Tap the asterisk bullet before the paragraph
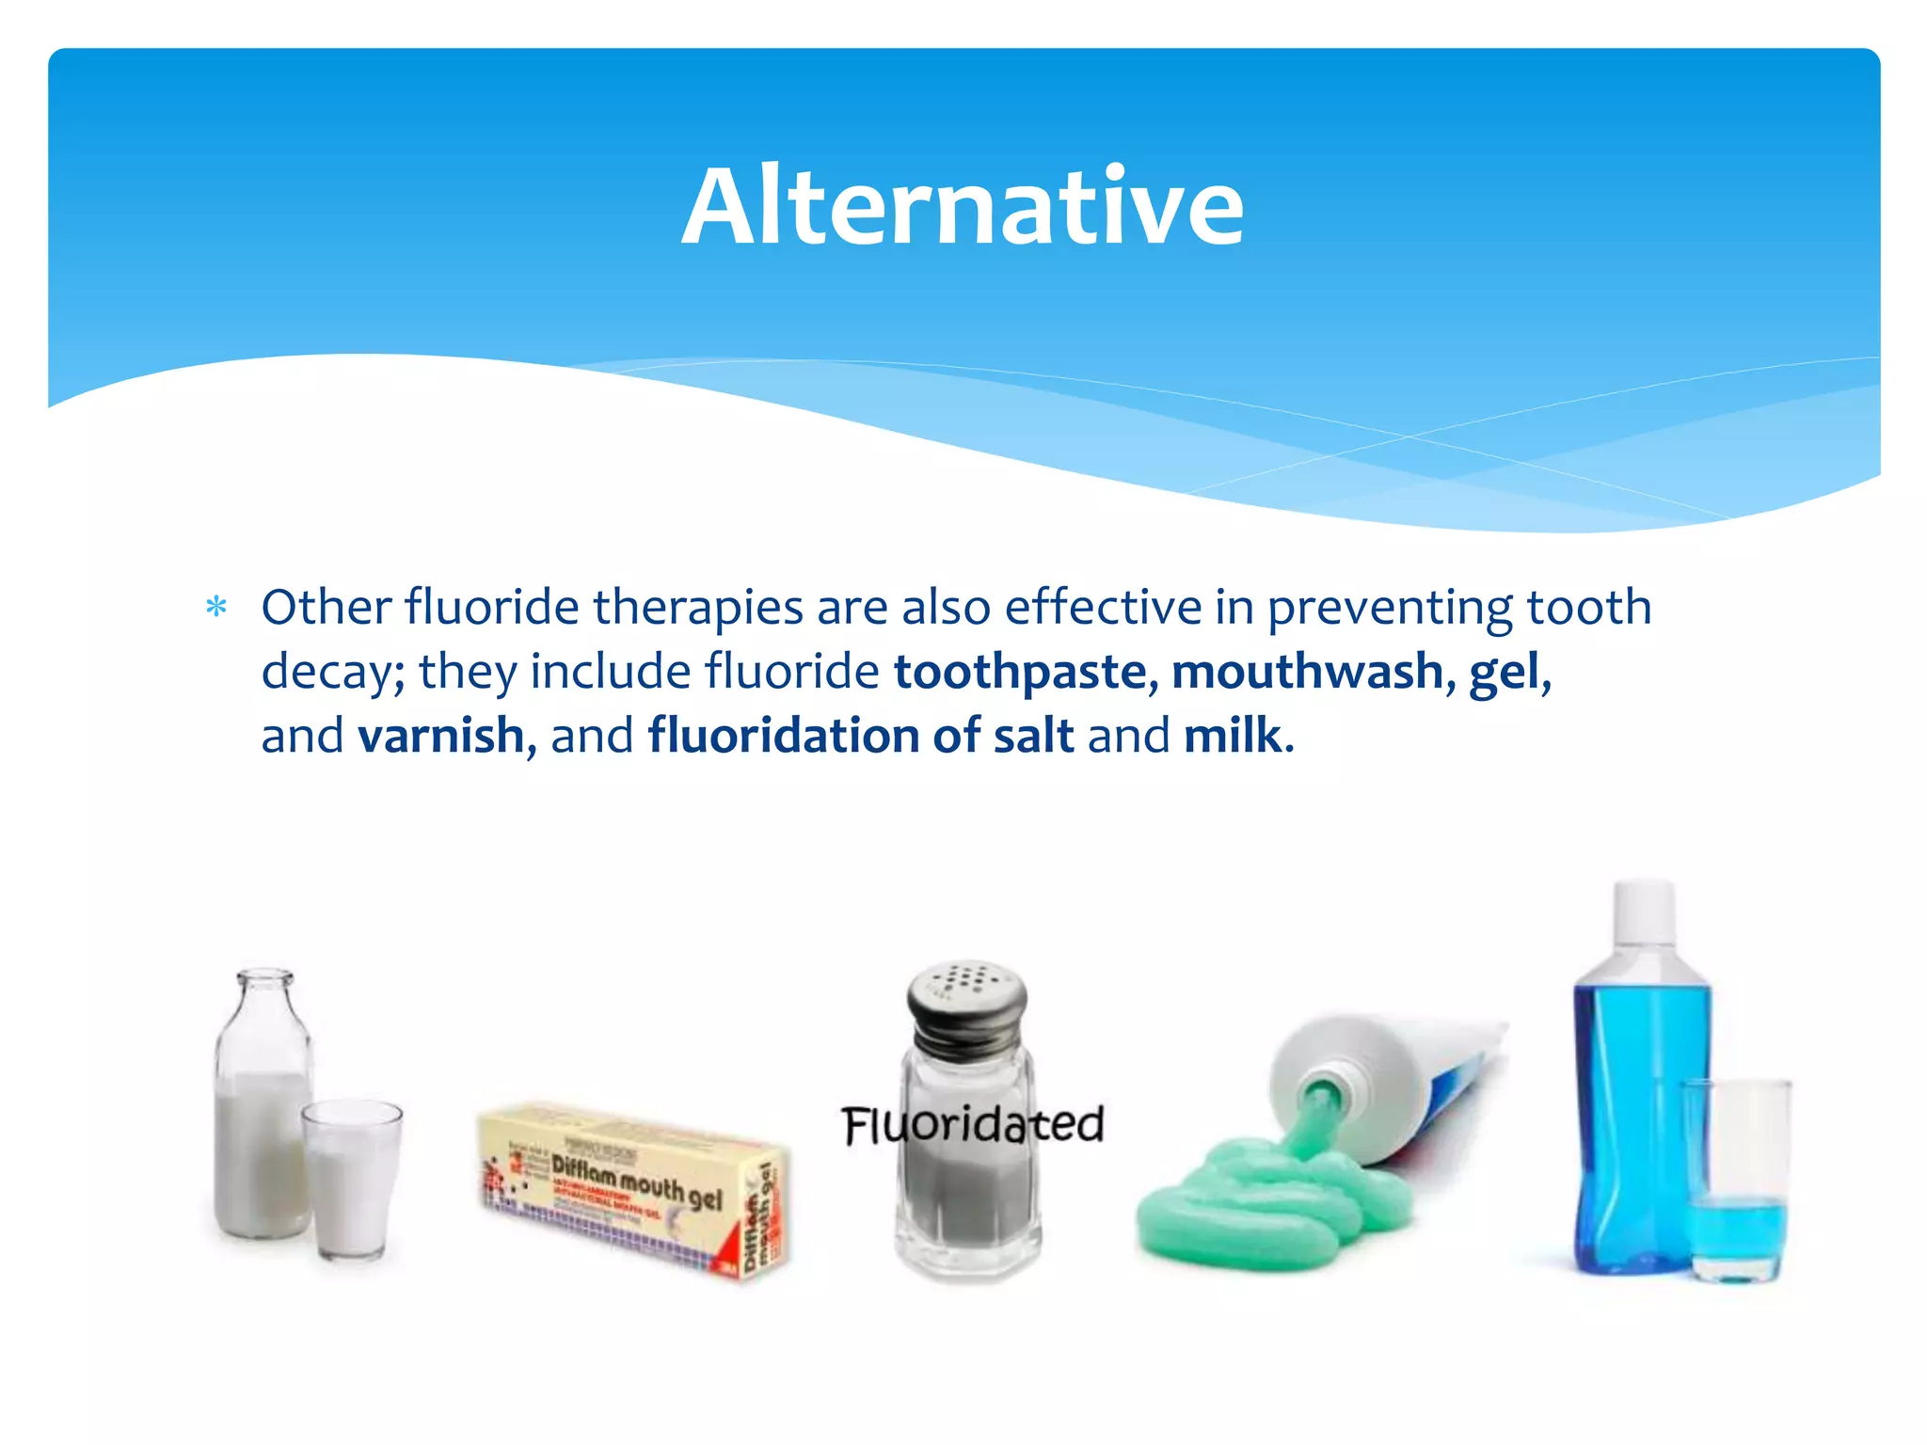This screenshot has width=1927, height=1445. (216, 609)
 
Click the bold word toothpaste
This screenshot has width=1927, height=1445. (1020, 672)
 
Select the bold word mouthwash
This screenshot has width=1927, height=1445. (1307, 672)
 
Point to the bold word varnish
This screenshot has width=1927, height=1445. (440, 736)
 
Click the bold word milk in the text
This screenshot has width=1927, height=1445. (1233, 736)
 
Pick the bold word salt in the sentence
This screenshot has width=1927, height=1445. (1033, 736)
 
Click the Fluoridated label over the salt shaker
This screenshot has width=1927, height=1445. (972, 1125)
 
